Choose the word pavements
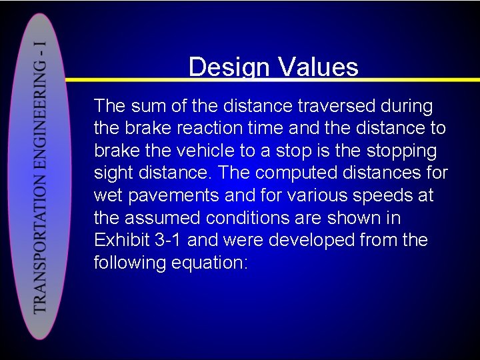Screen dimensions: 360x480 pyautogui.click(x=176, y=196)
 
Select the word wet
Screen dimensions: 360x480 pyautogui.click(x=109, y=196)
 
